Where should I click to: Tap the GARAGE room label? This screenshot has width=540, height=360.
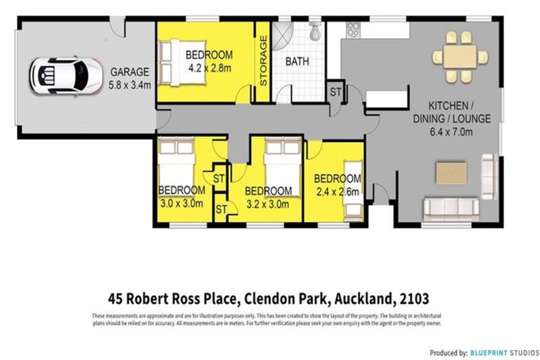click(x=129, y=72)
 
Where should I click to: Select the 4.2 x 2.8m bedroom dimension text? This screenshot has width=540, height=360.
click(x=210, y=68)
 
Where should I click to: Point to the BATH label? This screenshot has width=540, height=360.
click(x=297, y=62)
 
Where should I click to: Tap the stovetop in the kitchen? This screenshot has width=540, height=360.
click(x=352, y=30)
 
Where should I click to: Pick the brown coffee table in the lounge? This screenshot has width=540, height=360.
click(x=451, y=172)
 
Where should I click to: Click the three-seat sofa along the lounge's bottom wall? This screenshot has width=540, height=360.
click(x=451, y=207)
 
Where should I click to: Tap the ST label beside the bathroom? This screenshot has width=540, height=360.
click(x=335, y=92)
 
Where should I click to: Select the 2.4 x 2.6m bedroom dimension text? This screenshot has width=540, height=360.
click(x=337, y=191)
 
